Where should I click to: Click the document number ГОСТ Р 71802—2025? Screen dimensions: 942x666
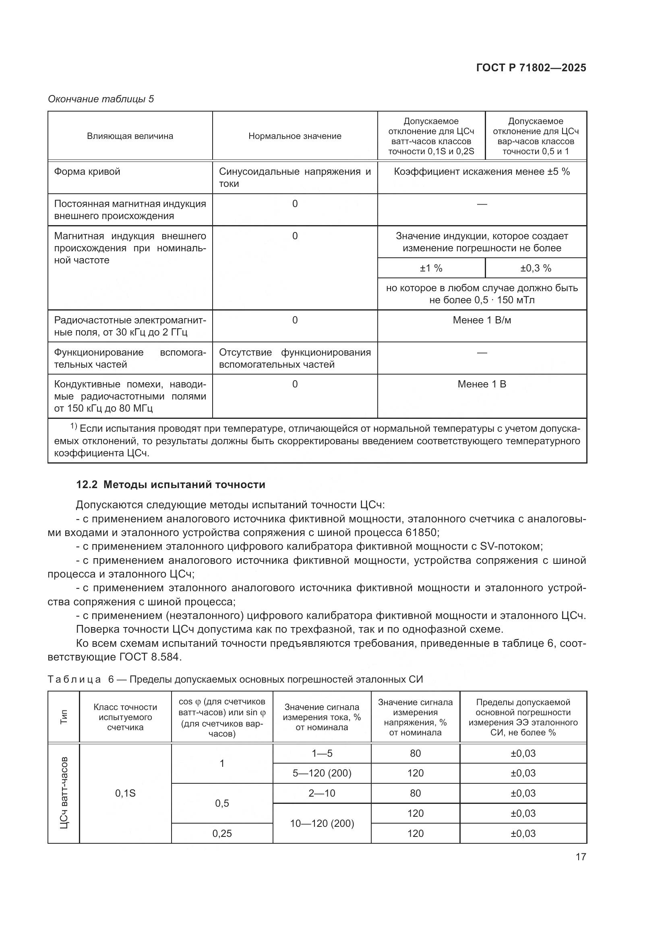(531, 68)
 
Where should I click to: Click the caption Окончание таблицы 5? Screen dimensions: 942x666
(101, 99)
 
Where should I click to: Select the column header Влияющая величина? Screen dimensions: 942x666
(130, 136)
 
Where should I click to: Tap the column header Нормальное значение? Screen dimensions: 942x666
(295, 136)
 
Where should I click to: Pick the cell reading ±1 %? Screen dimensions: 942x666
(431, 268)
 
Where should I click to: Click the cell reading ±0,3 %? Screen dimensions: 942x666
(536, 268)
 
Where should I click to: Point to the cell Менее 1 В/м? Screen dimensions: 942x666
(482, 320)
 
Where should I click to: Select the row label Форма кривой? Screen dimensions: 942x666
(87, 172)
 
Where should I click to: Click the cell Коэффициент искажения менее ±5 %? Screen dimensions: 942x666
(482, 172)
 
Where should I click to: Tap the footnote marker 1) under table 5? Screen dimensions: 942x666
(74, 427)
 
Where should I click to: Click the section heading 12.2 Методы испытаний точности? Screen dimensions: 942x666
(171, 484)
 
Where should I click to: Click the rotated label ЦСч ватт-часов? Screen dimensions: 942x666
(64, 793)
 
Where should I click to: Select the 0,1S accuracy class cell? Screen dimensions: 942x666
(125, 793)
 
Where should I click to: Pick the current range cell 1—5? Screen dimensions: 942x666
(322, 753)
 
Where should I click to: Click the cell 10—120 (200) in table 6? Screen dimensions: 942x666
(322, 824)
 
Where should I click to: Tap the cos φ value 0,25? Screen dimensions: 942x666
(222, 833)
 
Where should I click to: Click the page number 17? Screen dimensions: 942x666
(581, 857)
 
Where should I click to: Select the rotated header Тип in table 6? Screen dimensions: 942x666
(64, 717)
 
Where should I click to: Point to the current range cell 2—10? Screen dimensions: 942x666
(322, 793)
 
